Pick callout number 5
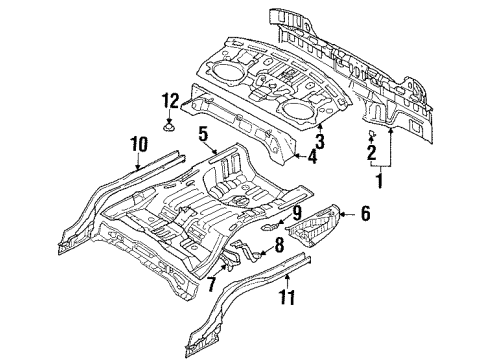pos(202,133)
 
